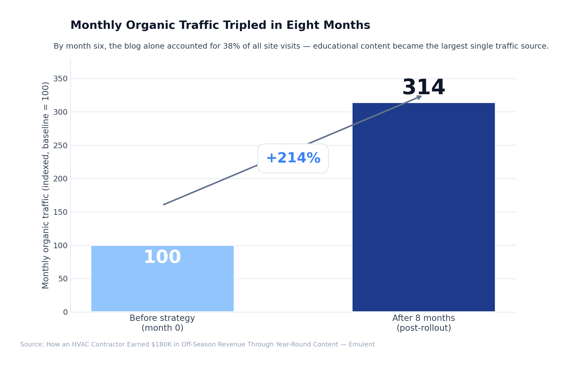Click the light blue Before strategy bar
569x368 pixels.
pyautogui.click(x=162, y=286)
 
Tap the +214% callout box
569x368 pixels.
pyautogui.click(x=293, y=159)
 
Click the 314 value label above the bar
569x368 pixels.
pyautogui.click(x=423, y=87)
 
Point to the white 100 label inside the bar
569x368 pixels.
pyautogui.click(x=162, y=257)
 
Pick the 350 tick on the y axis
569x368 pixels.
pyautogui.click(x=60, y=79)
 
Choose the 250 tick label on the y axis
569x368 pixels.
pyautogui.click(x=60, y=146)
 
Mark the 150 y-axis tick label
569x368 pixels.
pyautogui.click(x=60, y=212)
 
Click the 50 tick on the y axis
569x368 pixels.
pyautogui.click(x=63, y=279)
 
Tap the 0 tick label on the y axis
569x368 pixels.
pyautogui.click(x=65, y=312)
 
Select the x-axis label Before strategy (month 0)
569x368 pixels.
pyautogui.click(x=162, y=323)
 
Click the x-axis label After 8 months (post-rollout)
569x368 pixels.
pyautogui.click(x=423, y=323)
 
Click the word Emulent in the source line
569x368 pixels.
pyautogui.click(x=362, y=345)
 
